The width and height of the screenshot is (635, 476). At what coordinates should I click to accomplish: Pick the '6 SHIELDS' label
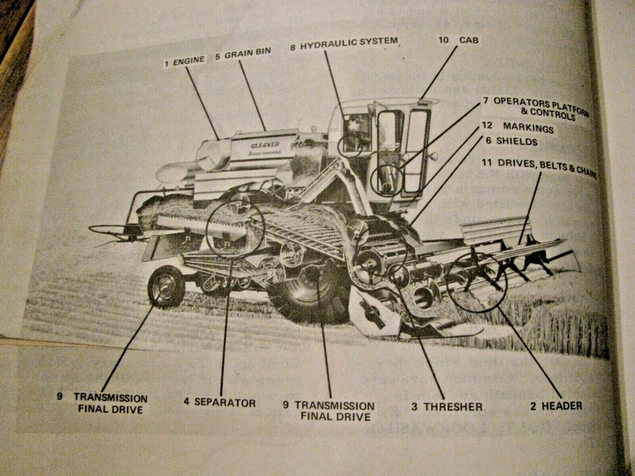(511, 141)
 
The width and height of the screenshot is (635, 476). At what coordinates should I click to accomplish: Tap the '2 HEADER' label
(556, 406)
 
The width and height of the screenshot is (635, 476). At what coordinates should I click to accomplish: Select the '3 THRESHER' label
(446, 406)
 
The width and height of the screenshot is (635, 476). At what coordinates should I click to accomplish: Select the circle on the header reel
(476, 281)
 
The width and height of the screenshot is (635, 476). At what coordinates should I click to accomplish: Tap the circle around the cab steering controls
(386, 178)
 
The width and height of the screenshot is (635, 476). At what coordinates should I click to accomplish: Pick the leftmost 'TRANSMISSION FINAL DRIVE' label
(110, 403)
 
